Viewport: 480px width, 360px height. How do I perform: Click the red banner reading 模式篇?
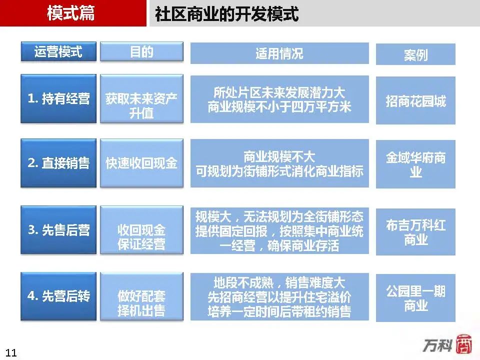73,13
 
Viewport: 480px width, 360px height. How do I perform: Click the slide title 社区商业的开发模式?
226,14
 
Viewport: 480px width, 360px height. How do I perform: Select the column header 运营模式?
58,51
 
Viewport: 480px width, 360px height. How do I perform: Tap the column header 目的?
141,51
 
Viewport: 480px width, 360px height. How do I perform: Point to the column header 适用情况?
279,53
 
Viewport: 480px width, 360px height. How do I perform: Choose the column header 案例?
415,54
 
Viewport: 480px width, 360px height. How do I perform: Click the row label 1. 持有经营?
58,98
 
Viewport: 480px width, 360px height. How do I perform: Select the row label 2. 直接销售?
58,163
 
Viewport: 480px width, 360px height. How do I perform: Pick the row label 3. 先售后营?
58,230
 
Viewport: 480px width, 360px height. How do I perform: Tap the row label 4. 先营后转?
58,296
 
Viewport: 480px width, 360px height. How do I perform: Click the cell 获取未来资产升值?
141,98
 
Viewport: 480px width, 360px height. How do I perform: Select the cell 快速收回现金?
141,163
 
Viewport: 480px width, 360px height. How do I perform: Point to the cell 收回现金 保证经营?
141,230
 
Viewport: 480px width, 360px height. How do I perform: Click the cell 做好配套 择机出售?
141,296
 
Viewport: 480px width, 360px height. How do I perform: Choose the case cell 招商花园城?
415,100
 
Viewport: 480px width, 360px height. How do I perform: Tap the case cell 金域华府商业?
415,164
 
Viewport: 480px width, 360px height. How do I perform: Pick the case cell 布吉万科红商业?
415,231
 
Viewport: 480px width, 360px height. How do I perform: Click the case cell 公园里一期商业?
415,298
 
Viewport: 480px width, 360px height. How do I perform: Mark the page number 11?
11,352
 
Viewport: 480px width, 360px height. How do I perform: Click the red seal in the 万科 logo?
464,344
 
